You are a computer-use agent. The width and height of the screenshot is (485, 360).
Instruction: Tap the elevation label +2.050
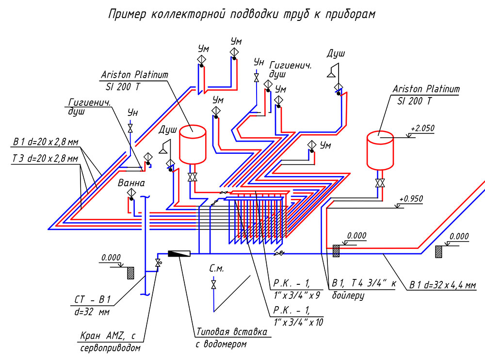tap(422, 128)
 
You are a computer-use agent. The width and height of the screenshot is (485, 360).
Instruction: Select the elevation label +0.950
tap(411, 199)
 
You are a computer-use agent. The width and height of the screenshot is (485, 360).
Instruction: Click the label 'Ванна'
tap(131, 183)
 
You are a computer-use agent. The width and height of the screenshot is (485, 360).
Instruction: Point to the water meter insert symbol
tap(179, 254)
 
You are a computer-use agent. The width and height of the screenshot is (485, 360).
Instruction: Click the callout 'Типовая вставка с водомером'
tap(231, 338)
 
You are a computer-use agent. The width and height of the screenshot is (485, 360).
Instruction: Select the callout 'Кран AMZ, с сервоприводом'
tap(110, 342)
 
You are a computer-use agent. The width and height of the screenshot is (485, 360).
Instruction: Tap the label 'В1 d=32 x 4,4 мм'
tap(443, 285)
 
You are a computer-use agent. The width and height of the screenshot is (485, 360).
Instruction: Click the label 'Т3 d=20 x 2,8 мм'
tap(45, 159)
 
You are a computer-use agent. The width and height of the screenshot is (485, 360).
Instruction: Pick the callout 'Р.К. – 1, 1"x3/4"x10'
tap(298, 316)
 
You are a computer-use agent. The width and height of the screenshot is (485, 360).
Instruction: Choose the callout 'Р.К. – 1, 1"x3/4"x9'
tap(296, 289)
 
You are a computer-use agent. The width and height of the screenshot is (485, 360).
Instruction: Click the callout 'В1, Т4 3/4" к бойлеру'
tap(364, 289)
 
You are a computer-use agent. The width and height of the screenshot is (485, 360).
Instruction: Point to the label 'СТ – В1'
tap(93, 299)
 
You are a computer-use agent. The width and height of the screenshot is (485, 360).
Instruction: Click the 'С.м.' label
tap(216, 269)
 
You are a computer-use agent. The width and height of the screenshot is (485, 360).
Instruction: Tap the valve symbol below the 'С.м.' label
tap(213, 285)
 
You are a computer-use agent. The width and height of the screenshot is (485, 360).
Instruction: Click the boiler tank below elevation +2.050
tap(380, 151)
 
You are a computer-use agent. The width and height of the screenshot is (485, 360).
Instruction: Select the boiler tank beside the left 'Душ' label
tap(193, 144)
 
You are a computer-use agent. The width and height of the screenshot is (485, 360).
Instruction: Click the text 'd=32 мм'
tap(92, 311)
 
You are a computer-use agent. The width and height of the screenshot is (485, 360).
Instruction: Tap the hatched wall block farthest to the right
tap(438, 252)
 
